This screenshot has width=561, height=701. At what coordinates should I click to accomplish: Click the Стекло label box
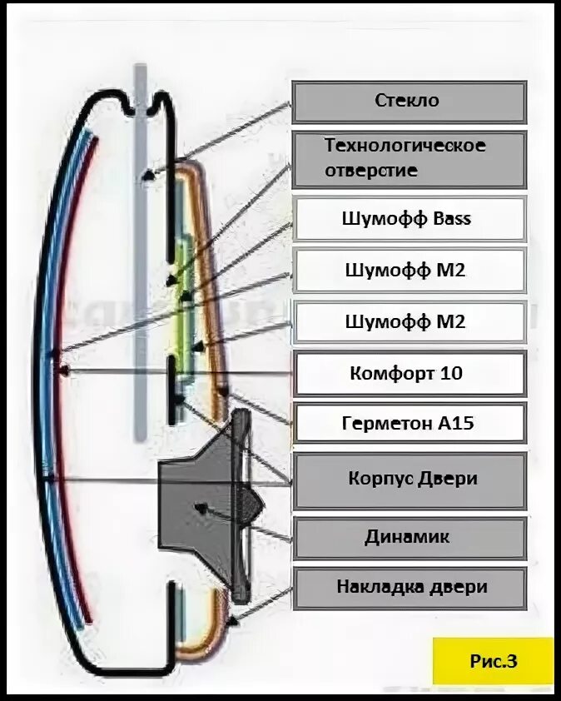click(408, 102)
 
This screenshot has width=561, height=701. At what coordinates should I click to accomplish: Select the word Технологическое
click(405, 146)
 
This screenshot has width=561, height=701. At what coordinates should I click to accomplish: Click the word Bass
click(452, 219)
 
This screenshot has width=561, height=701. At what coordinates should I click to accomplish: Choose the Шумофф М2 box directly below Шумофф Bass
click(408, 271)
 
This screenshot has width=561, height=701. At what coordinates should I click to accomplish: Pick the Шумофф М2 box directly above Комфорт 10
click(408, 322)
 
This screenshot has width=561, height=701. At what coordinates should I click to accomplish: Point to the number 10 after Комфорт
click(451, 373)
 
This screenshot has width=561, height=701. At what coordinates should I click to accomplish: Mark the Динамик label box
click(408, 537)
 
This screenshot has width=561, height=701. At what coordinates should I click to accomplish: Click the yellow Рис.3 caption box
click(493, 661)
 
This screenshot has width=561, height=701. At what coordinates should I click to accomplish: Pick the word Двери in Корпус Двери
click(449, 479)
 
